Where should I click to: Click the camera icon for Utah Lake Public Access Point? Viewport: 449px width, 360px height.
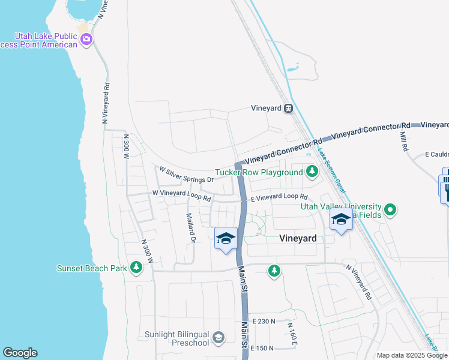(86, 40)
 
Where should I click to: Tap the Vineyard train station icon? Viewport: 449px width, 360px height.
(289, 109)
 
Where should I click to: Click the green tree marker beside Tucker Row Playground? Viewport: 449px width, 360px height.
(312, 172)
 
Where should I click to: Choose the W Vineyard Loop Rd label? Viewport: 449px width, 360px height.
(182, 194)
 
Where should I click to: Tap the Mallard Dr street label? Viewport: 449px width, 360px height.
(191, 229)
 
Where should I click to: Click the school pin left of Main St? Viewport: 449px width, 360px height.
(226, 239)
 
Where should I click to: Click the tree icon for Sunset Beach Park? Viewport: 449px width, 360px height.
(136, 268)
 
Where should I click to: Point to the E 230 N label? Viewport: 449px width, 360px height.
(264, 322)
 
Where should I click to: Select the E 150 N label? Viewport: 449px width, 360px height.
(262, 348)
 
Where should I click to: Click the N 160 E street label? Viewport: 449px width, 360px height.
(292, 334)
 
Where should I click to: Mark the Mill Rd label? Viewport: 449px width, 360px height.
(403, 142)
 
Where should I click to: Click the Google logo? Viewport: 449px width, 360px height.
(20, 353)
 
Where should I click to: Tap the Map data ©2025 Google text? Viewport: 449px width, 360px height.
(412, 355)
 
